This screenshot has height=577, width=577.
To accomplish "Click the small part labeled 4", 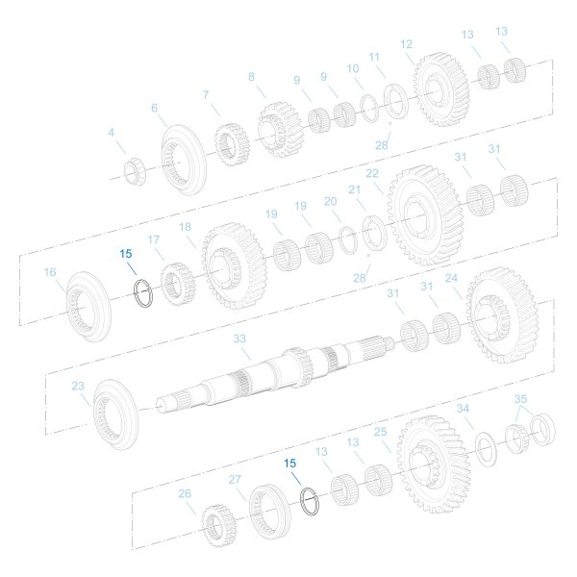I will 135,172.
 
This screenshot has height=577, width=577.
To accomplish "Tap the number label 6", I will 154,109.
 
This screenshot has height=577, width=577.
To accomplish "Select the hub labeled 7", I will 230,144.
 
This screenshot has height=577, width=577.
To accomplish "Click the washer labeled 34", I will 486,447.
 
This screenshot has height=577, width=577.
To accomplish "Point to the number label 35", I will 520,398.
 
